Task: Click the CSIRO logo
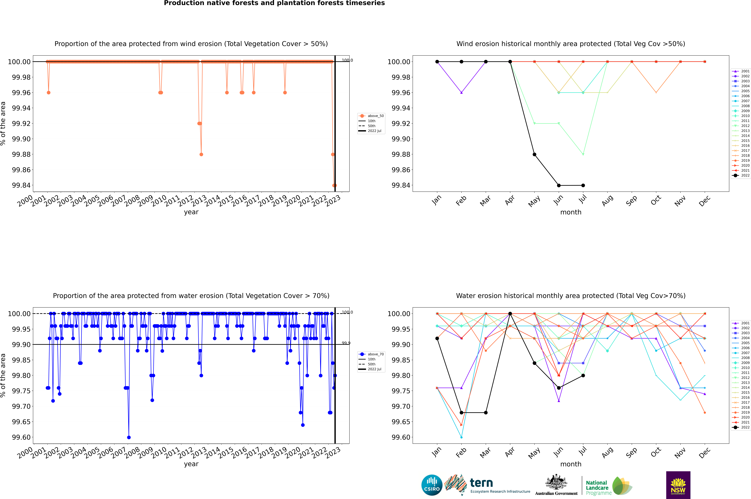[x=432, y=485]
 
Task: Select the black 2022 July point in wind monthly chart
[x=583, y=185]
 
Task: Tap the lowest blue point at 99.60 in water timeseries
[x=129, y=437]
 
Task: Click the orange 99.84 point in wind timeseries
[x=334, y=185]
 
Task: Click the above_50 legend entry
[x=372, y=116]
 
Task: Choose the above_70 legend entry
[x=372, y=354]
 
